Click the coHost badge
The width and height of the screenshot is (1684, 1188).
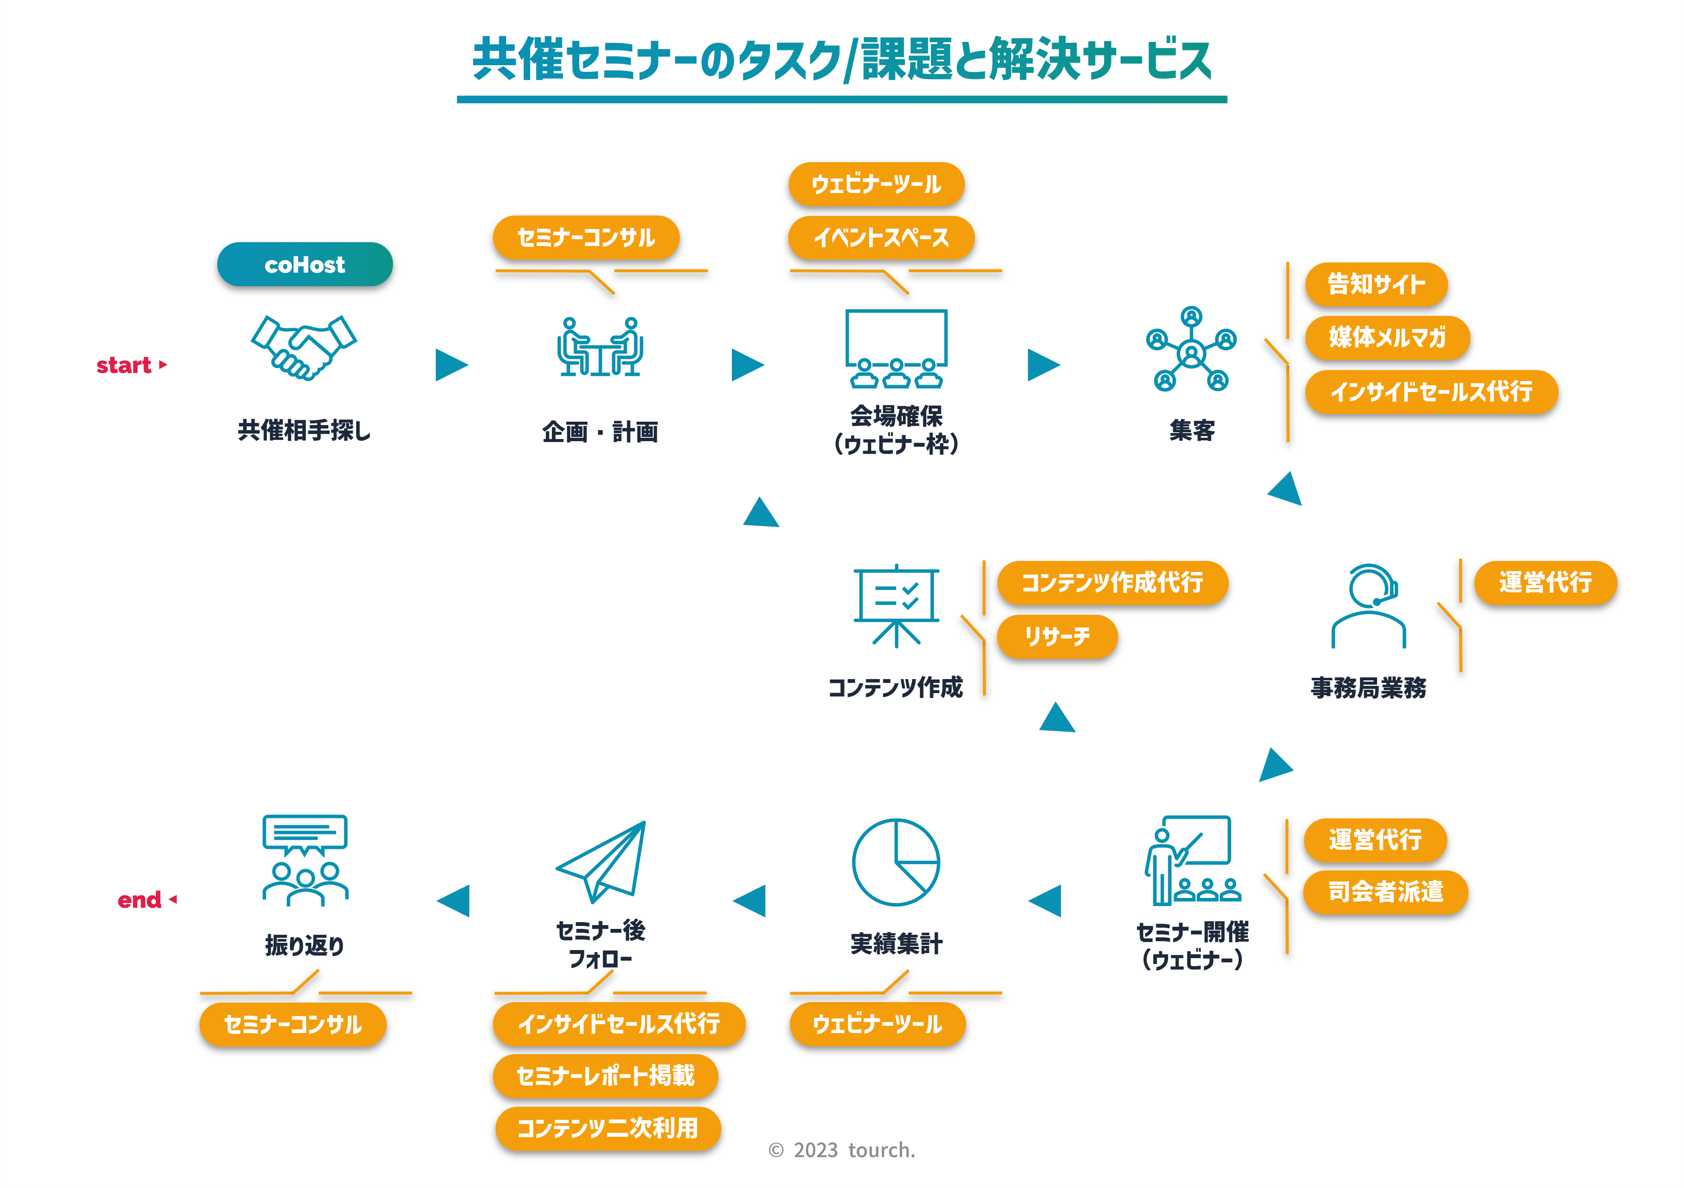[x=304, y=265]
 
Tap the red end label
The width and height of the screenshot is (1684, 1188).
[x=139, y=900]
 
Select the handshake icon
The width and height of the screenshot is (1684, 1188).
[x=304, y=347]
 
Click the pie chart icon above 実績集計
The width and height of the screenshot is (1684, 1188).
[x=896, y=863]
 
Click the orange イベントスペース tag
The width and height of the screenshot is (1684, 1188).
[x=881, y=237]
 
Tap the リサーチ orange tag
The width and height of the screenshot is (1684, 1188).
[x=1057, y=637]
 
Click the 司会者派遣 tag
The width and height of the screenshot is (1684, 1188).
[x=1386, y=892]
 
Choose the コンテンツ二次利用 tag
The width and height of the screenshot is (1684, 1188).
[x=607, y=1128]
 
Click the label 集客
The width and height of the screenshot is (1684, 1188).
[x=1192, y=430]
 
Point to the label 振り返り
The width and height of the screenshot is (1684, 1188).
[x=304, y=945]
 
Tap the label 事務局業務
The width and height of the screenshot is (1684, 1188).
[x=1369, y=688]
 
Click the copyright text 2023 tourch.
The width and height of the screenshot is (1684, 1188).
[x=842, y=1150]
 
